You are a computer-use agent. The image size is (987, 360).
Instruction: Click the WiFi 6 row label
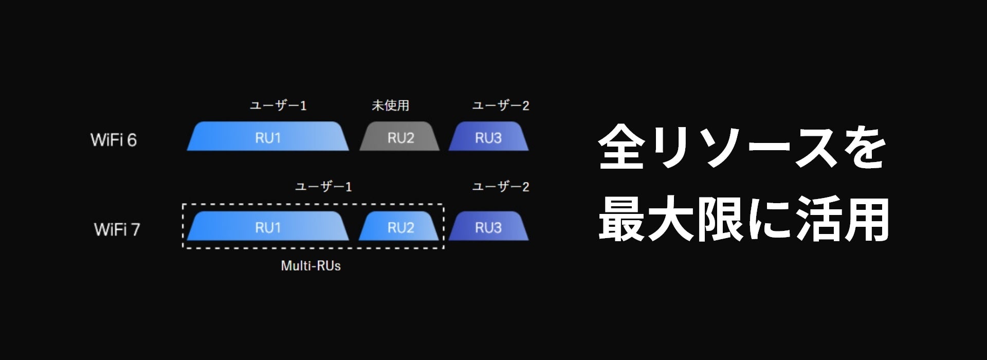point(114,140)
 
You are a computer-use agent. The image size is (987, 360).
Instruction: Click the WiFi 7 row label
point(117,229)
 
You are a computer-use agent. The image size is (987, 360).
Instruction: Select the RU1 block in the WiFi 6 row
point(268,137)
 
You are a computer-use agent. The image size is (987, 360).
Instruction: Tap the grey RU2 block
point(400,137)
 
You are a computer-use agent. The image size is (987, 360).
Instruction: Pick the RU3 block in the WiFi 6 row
point(488,137)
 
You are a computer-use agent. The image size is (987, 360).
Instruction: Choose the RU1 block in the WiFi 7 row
point(268,227)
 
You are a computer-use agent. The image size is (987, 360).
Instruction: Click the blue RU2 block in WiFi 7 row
point(400,227)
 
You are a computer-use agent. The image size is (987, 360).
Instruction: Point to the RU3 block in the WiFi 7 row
point(488,227)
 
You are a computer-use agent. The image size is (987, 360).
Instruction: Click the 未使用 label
point(391,105)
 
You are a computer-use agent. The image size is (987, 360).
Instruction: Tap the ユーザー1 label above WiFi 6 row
point(278,105)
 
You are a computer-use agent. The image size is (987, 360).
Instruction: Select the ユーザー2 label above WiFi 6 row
point(501,105)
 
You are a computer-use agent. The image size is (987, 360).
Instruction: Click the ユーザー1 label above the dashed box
point(323,187)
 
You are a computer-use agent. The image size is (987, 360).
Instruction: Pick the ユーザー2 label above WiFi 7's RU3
point(501,187)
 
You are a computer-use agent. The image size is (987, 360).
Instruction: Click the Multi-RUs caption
point(310,266)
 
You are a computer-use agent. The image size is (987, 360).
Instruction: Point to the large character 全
point(622,147)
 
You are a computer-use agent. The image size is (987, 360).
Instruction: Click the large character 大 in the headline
point(671,220)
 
